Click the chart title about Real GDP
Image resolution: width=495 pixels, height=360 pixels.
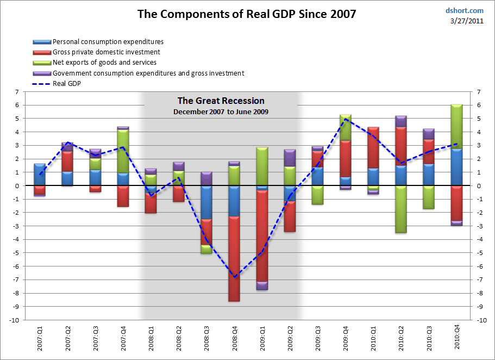[247, 14]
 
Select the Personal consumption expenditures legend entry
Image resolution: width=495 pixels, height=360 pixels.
[108, 42]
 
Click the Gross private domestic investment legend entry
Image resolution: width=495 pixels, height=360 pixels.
[106, 52]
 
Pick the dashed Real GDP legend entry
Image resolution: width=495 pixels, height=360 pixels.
[69, 84]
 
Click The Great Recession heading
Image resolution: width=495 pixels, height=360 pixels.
[221, 101]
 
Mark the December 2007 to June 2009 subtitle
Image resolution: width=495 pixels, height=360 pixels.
[221, 111]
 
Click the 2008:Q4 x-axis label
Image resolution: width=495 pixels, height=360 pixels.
[234, 338]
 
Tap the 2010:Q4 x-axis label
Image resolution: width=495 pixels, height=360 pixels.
[457, 338]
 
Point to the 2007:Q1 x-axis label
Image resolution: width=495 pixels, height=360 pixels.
[40, 338]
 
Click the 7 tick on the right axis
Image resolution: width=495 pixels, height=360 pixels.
[479, 92]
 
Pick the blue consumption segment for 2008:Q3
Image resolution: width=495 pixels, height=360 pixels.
[206, 202]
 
